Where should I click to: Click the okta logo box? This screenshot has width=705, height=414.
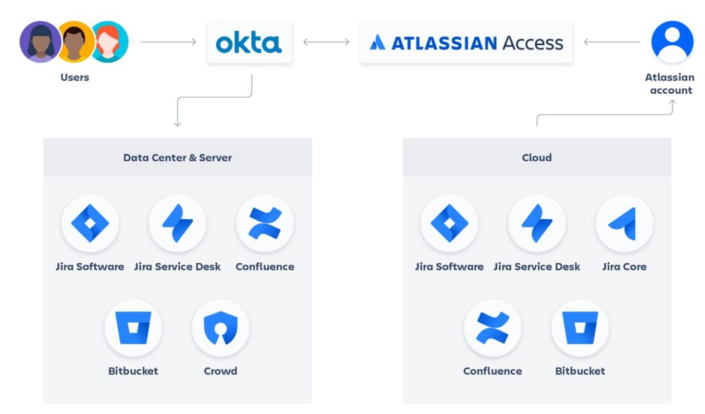click(248, 42)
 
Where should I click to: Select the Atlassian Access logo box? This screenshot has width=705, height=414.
click(466, 42)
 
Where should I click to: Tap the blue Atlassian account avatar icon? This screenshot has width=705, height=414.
click(672, 42)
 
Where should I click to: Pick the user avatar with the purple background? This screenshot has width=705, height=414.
click(40, 42)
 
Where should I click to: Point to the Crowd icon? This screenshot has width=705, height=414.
click(220, 329)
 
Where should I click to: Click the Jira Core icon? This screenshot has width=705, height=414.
click(624, 224)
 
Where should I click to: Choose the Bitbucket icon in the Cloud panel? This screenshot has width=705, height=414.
click(580, 329)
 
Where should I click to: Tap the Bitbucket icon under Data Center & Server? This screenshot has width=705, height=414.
click(133, 329)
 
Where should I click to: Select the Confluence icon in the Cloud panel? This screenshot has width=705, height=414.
click(493, 329)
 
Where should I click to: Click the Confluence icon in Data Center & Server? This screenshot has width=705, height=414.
click(265, 224)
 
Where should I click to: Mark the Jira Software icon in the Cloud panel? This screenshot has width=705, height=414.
click(449, 224)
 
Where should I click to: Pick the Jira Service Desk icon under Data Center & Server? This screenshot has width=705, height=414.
click(177, 224)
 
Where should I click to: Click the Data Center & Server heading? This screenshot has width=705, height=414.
click(177, 158)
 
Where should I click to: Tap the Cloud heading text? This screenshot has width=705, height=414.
click(536, 158)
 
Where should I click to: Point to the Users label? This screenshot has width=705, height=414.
click(75, 77)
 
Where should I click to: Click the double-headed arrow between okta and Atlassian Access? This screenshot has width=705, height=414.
click(326, 42)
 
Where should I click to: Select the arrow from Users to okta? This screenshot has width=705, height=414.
click(168, 42)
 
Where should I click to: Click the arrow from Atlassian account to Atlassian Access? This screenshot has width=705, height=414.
click(612, 42)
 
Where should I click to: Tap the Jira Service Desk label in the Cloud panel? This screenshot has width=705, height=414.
click(536, 267)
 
